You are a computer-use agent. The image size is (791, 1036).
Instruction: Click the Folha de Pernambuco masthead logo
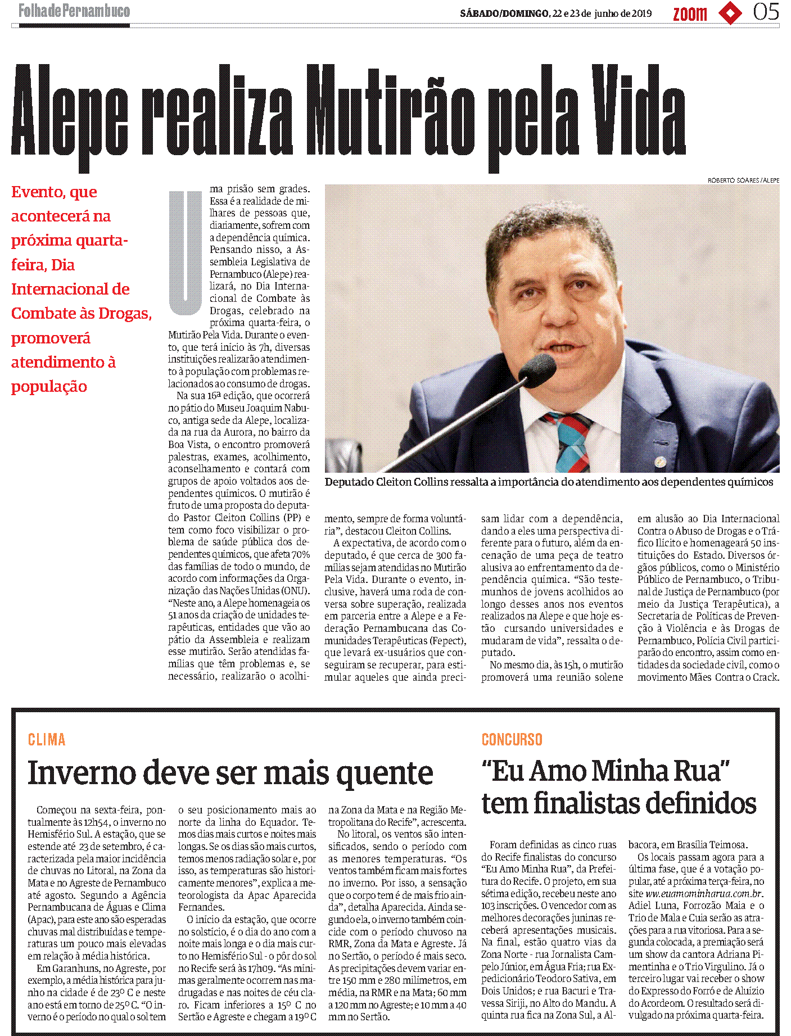(74, 11)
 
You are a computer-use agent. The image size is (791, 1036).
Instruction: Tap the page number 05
(766, 12)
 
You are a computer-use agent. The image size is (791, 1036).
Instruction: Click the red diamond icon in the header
(730, 13)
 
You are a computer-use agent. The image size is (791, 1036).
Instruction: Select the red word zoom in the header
(690, 13)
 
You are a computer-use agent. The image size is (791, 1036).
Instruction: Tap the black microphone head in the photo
(537, 369)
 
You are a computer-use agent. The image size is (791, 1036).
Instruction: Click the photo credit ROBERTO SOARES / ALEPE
(743, 180)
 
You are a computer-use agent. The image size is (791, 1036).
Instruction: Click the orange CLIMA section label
(47, 739)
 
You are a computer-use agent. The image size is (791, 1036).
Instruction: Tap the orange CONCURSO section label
(512, 739)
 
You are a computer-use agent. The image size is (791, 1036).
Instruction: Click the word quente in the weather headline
(385, 773)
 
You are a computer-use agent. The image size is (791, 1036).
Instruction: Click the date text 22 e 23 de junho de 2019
(602, 13)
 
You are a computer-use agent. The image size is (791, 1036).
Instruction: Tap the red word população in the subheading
(49, 387)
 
